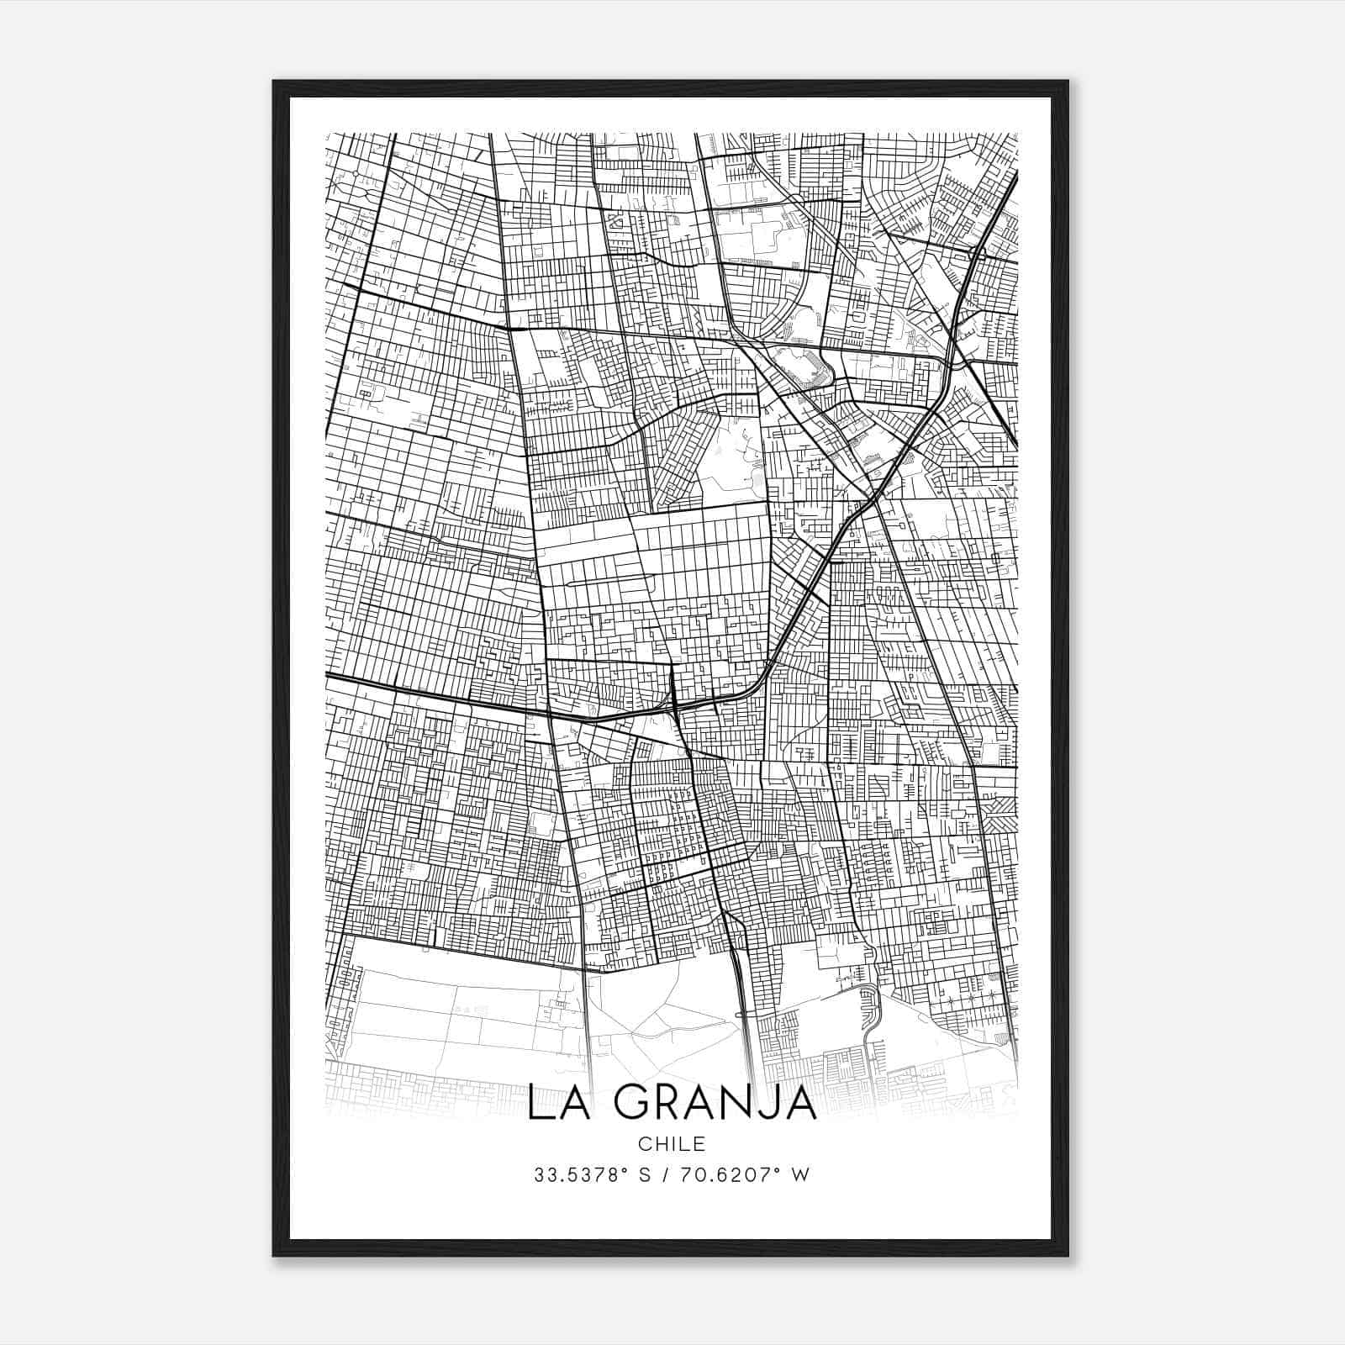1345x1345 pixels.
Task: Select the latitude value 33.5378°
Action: point(581,1175)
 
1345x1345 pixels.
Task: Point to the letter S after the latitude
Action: point(644,1175)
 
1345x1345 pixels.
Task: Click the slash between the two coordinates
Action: point(666,1175)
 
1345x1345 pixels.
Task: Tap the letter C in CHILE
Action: point(643,1144)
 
